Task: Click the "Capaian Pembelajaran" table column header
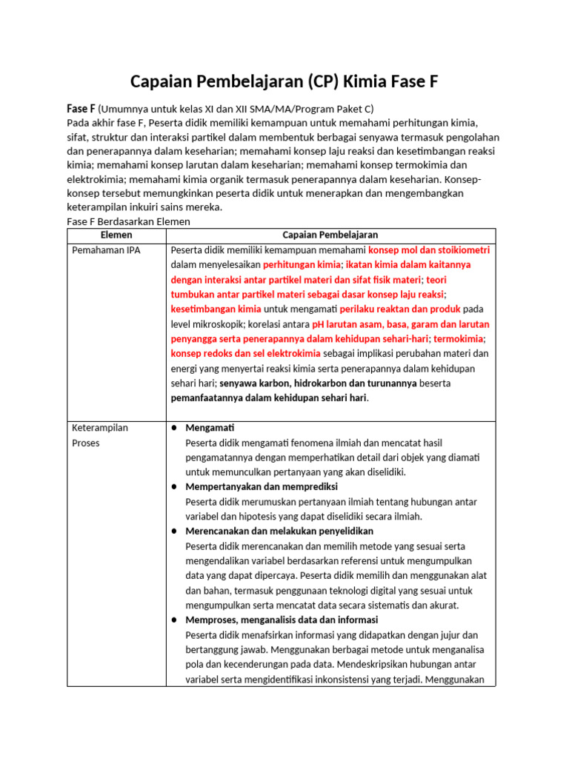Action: point(330,235)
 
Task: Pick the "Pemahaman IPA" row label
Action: point(106,250)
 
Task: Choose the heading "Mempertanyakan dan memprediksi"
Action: point(262,486)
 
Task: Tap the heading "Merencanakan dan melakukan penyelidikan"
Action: point(279,531)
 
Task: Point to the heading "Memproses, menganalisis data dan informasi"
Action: point(282,620)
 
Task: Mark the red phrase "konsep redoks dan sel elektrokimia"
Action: point(246,353)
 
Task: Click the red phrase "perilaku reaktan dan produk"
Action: point(400,309)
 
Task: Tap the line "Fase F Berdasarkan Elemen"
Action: point(128,221)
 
